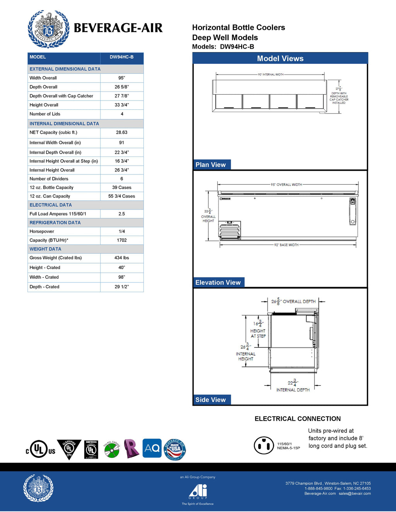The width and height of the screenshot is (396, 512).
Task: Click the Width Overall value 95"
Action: [122, 78]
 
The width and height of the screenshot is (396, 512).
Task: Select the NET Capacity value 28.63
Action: [122, 133]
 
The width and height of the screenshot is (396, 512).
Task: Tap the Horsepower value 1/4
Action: [122, 231]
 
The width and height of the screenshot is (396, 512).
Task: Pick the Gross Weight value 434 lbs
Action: [122, 258]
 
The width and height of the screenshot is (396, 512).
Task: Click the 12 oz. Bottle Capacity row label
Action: [51, 187]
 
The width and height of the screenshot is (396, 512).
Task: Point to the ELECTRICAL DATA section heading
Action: [51, 205]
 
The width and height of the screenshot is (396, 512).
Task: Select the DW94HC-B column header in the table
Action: [121, 57]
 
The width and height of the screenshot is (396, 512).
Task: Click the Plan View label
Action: [211, 165]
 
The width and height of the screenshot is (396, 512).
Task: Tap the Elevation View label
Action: [218, 282]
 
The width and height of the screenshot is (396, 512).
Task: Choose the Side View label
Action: [211, 400]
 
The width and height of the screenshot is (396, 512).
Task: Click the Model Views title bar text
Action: [280, 59]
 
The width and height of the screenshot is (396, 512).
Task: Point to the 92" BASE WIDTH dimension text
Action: [287, 245]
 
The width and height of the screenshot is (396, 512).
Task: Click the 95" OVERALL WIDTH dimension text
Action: [286, 185]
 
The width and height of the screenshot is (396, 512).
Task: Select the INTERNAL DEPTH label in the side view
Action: [293, 390]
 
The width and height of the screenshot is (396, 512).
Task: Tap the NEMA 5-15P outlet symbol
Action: [264, 446]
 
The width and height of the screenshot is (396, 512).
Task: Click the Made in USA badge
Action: [175, 449]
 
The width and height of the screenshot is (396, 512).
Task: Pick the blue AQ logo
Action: [152, 448]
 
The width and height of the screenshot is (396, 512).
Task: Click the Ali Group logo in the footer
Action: [198, 492]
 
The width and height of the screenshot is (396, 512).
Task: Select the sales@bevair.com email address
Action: [355, 493]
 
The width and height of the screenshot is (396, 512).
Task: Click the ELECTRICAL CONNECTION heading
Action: [297, 419]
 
